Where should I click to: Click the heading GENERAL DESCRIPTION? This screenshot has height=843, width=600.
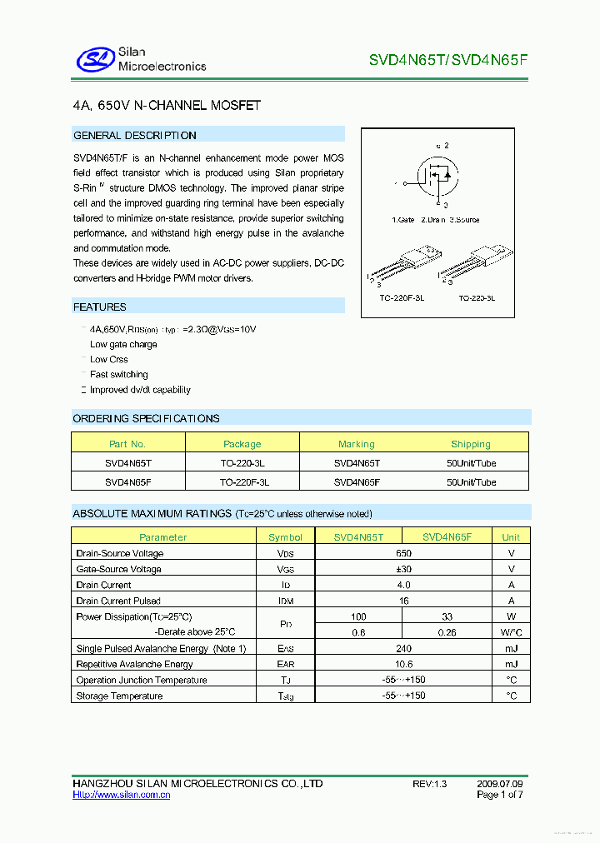coord(135,135)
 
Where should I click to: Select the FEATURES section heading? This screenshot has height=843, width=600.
coord(100,307)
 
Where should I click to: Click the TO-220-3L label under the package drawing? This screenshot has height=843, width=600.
coord(476,297)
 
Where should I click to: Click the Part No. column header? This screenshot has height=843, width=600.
coord(127,444)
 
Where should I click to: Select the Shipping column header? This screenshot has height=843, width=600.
coord(471,444)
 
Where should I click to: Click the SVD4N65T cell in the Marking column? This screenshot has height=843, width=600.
coord(357,463)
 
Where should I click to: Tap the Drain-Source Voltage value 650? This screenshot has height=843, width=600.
coord(403,553)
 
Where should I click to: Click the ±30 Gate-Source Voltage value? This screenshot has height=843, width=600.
coord(403,569)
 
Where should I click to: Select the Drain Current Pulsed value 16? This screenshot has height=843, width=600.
coord(403,601)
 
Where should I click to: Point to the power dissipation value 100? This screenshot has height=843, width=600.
coord(358,616)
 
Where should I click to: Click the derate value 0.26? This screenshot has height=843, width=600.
coord(447,632)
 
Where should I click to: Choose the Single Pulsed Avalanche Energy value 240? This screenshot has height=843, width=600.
coord(403,648)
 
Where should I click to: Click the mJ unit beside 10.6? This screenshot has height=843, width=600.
coord(511,664)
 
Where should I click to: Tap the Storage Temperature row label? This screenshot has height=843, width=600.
coord(119,696)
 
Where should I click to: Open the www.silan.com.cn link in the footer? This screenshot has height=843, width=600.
coord(122,796)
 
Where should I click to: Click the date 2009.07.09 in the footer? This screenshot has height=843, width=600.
coord(500,784)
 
